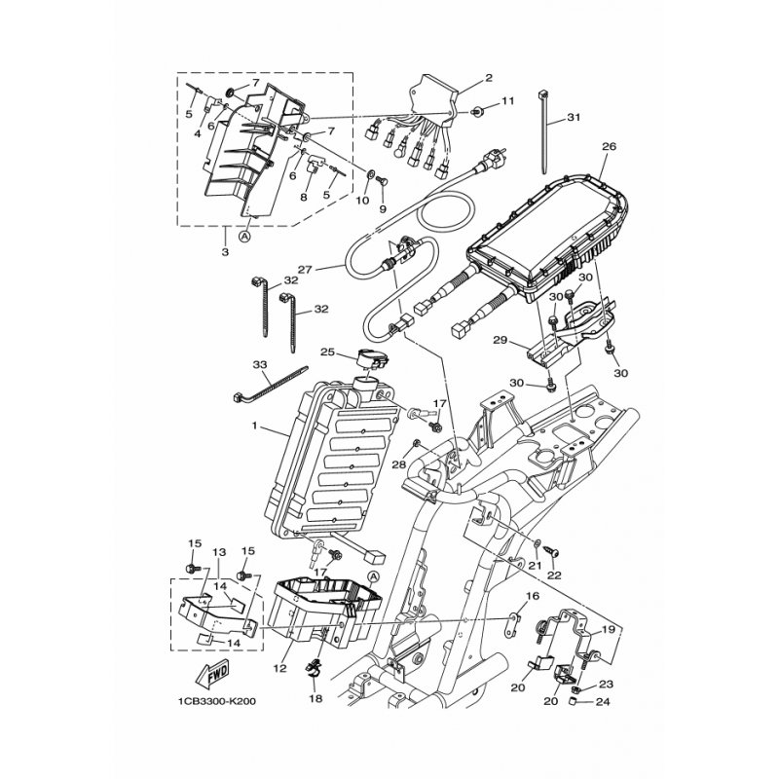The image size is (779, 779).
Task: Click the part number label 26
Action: (x=610, y=147)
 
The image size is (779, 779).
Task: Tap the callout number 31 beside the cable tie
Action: (x=574, y=118)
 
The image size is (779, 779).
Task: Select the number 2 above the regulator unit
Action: (x=489, y=78)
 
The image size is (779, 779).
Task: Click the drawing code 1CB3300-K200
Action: (x=219, y=699)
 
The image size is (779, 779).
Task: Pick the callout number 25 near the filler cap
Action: (x=327, y=352)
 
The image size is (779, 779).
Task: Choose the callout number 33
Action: (x=260, y=365)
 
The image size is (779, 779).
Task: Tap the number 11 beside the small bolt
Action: (x=508, y=102)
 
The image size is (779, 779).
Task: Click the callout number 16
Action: (x=533, y=595)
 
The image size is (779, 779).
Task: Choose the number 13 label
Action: (x=219, y=551)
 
